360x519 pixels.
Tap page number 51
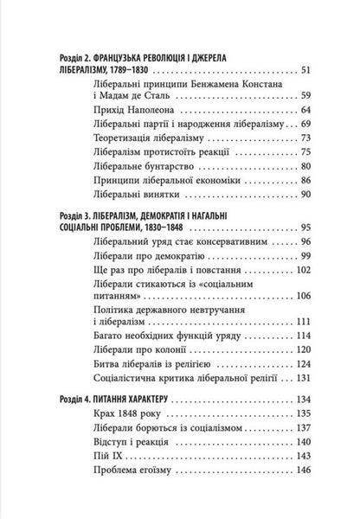[x=311, y=67]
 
